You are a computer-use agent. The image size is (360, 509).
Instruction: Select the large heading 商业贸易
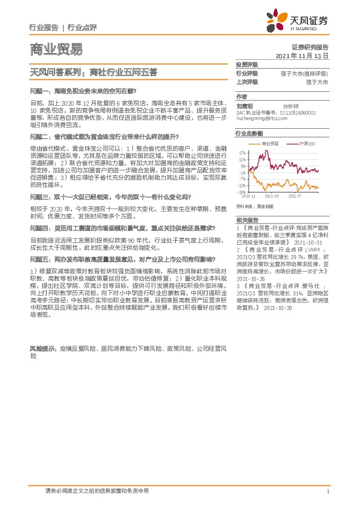[55, 50]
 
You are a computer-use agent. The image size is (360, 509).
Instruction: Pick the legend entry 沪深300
[307, 144]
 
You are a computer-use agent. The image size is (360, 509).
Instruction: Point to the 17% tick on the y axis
[242, 153]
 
